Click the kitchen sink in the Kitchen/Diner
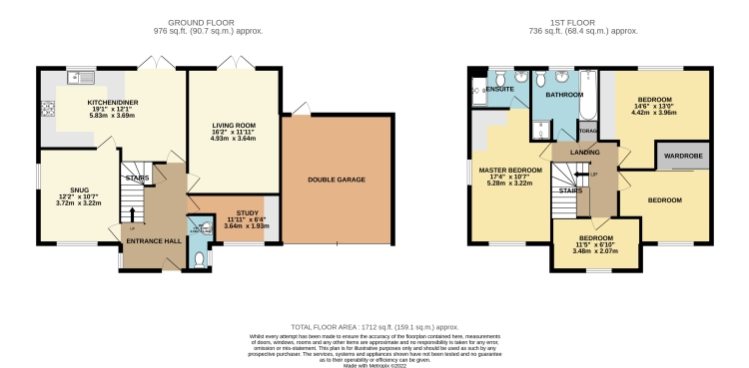coord(80,77)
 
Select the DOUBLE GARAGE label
coord(337,180)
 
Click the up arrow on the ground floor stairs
coord(132,212)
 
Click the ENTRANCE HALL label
coord(145,241)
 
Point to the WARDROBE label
coord(681,155)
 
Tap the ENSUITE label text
coord(500,90)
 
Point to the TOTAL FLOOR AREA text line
coord(374,325)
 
